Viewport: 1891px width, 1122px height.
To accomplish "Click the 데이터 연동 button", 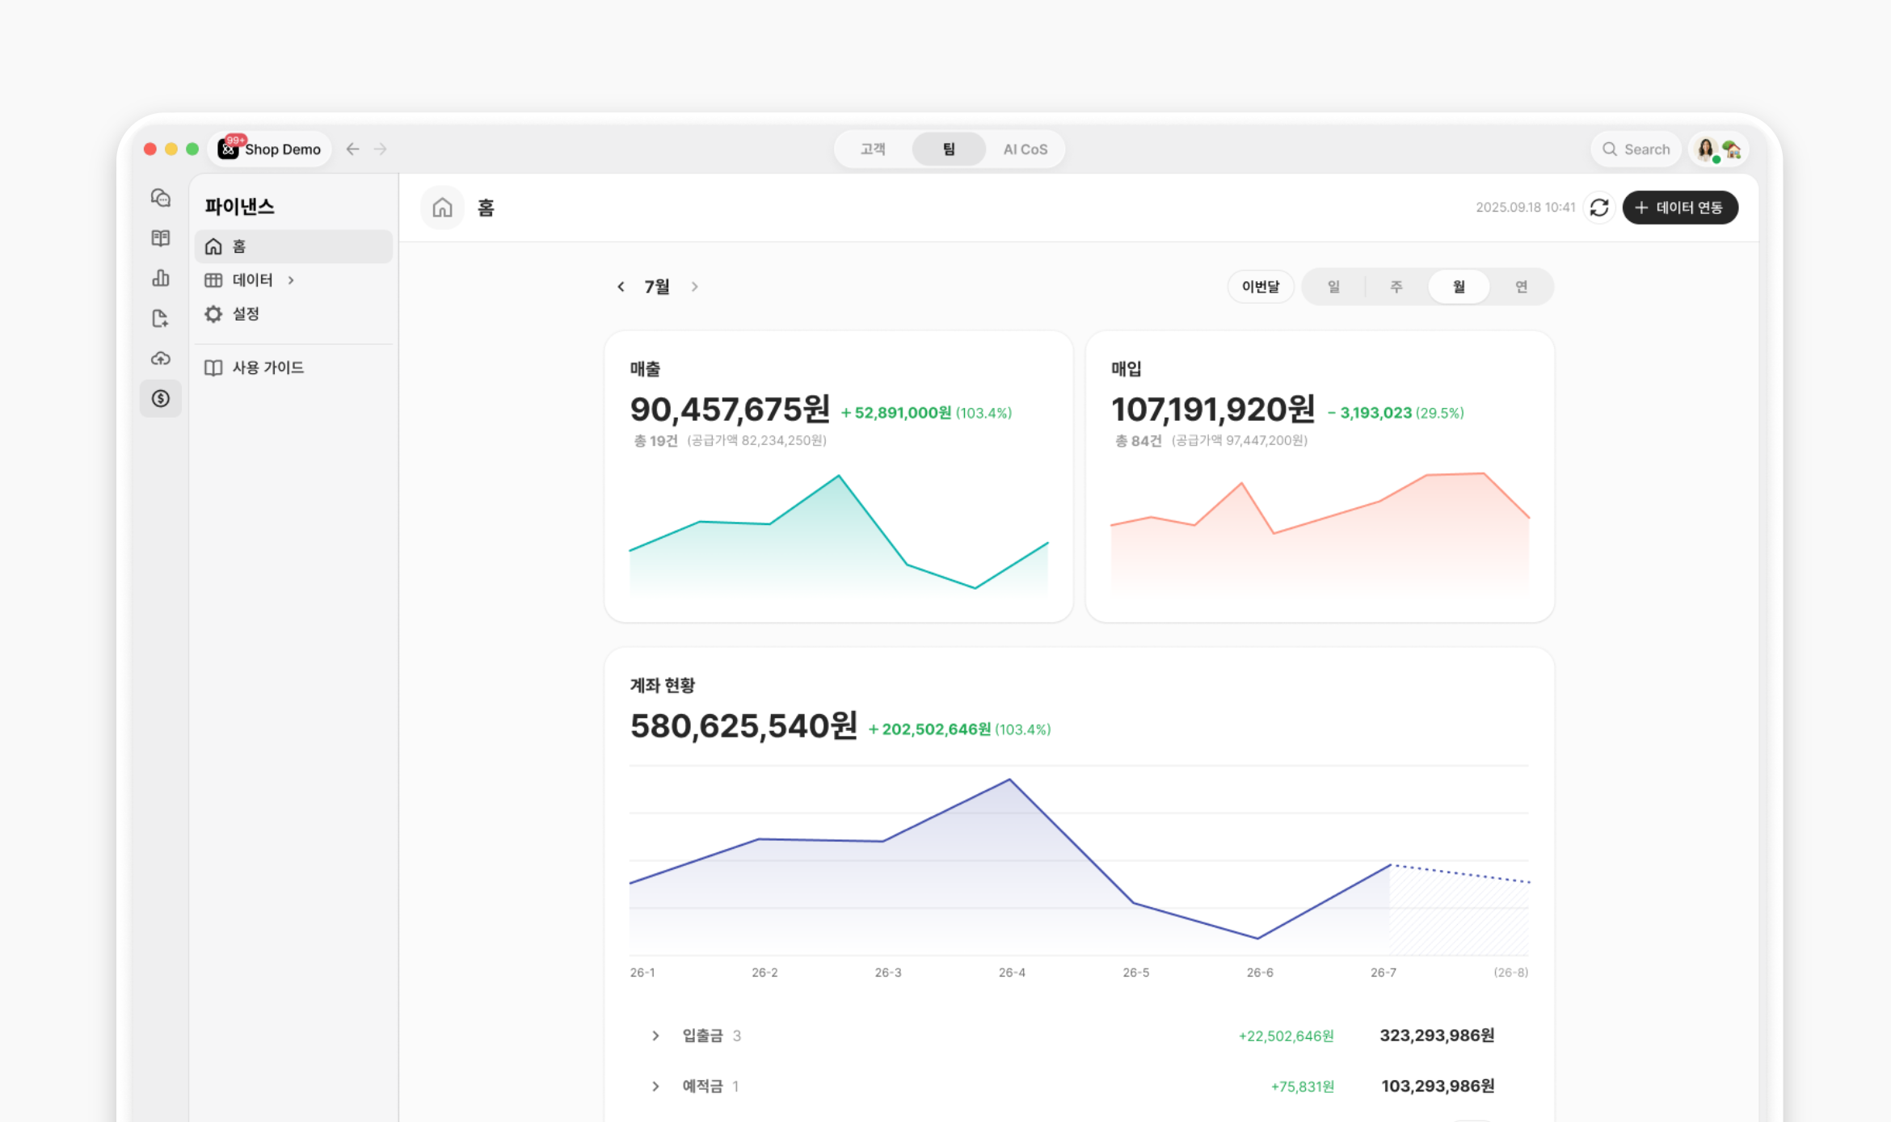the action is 1680,208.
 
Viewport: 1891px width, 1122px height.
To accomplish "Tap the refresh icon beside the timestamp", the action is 1599,208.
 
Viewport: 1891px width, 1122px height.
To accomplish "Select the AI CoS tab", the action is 1025,149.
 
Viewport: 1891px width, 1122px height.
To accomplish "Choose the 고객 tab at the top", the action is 873,149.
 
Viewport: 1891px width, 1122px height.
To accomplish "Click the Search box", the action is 1636,149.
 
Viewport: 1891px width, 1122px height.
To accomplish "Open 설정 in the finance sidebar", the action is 246,314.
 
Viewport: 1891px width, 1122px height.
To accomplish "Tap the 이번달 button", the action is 1261,287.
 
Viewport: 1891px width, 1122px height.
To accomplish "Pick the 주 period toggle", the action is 1396,287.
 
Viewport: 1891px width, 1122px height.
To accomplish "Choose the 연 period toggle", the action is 1521,287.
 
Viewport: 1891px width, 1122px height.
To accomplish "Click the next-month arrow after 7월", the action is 694,287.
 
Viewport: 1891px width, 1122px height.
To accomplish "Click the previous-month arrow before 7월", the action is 621,287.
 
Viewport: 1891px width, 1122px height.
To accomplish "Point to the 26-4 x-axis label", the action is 1012,973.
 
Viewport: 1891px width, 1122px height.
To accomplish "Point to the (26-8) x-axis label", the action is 1511,973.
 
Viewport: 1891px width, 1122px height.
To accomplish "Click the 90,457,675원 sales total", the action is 730,410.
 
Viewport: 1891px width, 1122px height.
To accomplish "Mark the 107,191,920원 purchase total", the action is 1213,410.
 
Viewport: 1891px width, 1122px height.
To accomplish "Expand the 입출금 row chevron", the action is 655,1036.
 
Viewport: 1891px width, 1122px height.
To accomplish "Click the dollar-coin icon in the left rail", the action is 161,398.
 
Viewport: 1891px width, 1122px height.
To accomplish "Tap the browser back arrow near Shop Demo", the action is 352,149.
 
